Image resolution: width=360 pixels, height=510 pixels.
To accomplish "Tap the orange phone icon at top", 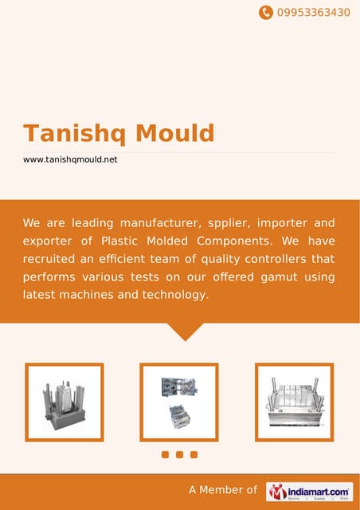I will pos(265,13).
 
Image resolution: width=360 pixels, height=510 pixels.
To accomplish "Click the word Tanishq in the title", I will pos(72,133).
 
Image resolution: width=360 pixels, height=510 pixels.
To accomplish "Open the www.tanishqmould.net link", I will pos(70,159).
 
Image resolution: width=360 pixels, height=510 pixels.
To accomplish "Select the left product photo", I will pos(65,402).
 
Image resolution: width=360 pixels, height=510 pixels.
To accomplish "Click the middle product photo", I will pos(179,402).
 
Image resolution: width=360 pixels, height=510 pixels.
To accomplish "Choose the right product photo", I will pos(294,402).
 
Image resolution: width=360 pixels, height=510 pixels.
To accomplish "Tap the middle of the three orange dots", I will pos(179,455).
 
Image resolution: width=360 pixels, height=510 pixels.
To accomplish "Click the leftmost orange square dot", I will pos(165,455).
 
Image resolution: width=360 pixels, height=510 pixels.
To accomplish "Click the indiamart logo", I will pos(310,491).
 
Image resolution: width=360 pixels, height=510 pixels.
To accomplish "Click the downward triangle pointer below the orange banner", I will pos(185,331).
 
